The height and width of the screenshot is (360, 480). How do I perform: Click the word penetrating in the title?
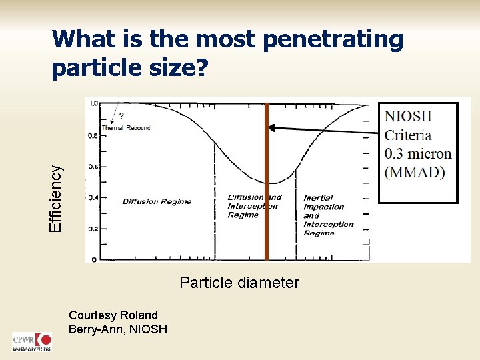point(333,41)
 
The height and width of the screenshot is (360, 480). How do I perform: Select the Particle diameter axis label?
point(239,283)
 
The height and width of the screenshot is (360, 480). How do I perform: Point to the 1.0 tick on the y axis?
point(93,103)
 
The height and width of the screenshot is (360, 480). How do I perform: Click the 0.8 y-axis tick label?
point(93,135)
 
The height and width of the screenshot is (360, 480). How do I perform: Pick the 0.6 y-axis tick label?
point(93,167)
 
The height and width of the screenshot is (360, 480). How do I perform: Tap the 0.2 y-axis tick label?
point(93,229)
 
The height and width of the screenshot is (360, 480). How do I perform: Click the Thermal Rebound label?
point(126,127)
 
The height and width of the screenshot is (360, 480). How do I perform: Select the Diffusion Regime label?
point(157,201)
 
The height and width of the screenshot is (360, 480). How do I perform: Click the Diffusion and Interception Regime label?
point(254,206)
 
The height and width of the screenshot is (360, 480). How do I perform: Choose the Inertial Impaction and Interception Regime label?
point(328,215)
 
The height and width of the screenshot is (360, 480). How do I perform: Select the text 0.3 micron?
point(418,154)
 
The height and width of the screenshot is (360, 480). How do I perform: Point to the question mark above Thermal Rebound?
point(121,115)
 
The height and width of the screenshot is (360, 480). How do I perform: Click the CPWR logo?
point(31,342)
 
